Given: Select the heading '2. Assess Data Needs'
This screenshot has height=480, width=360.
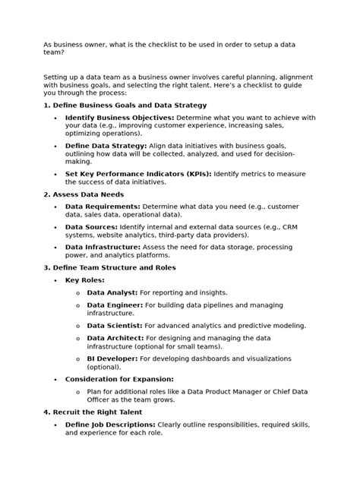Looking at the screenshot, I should [84, 194].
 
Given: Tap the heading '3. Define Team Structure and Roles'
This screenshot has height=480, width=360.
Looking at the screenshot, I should [109, 267].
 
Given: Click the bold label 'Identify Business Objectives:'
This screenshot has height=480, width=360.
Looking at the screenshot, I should [119, 118].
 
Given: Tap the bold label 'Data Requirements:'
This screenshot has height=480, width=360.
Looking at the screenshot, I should [103, 206].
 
